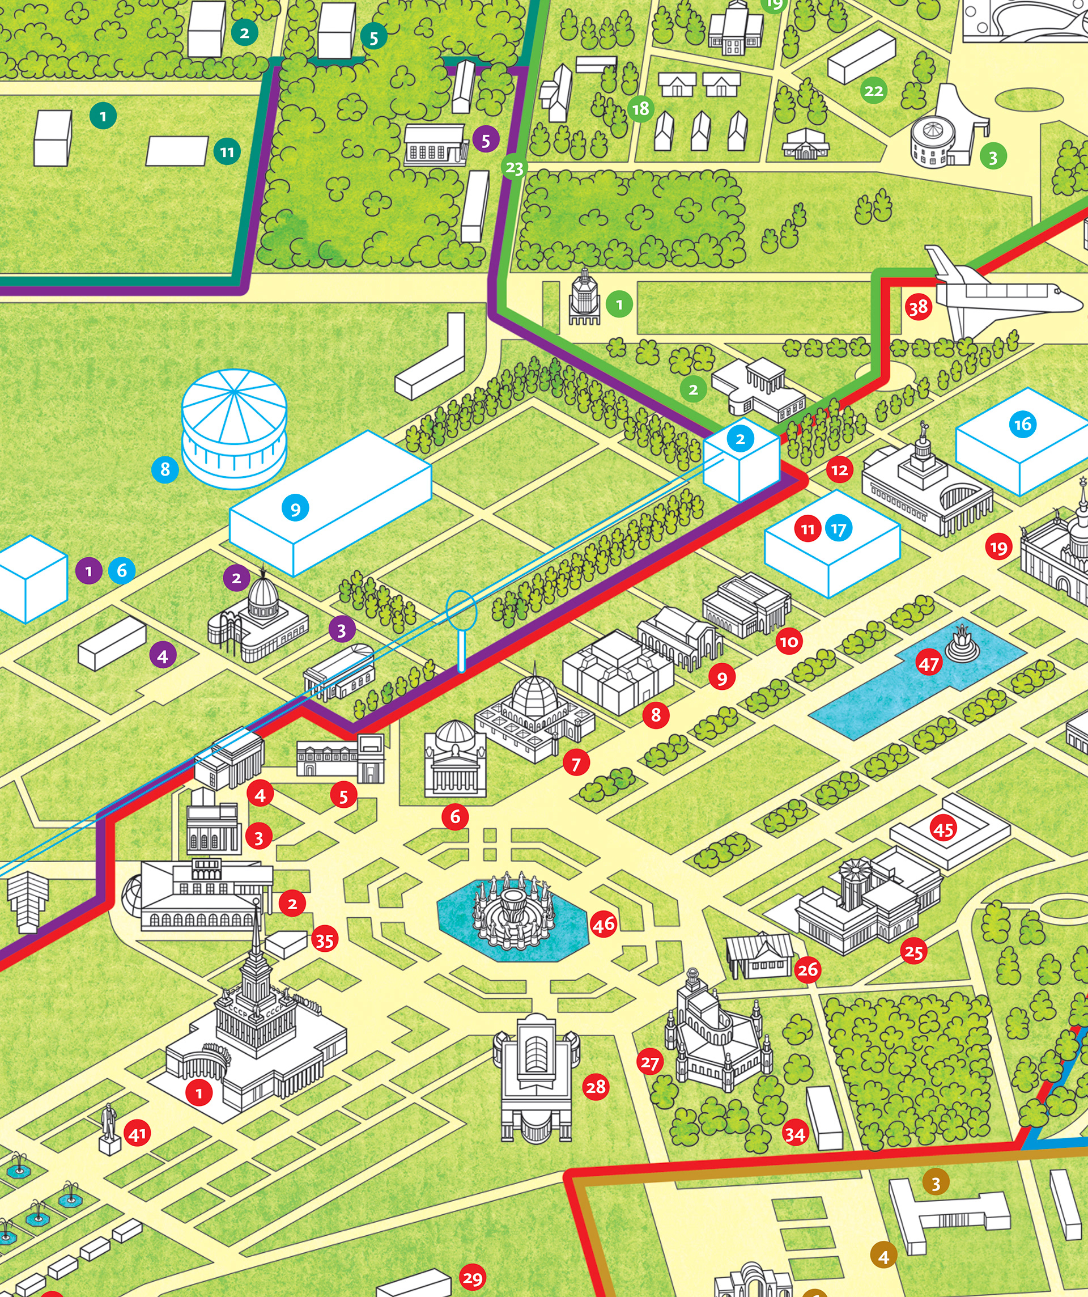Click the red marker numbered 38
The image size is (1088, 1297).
pyautogui.click(x=918, y=307)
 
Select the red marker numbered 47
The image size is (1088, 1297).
pyautogui.click(x=928, y=664)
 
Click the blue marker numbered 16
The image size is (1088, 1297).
pyautogui.click(x=1022, y=425)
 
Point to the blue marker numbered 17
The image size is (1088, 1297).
pyautogui.click(x=838, y=529)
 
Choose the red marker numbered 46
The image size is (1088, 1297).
pyautogui.click(x=603, y=924)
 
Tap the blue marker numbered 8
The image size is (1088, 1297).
pyautogui.click(x=165, y=469)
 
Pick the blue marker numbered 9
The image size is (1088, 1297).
pyautogui.click(x=295, y=509)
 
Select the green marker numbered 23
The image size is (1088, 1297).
pyautogui.click(x=515, y=167)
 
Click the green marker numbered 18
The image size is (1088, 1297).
pyautogui.click(x=641, y=109)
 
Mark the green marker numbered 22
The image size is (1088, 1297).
pyautogui.click(x=874, y=91)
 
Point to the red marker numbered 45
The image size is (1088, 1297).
pyautogui.click(x=943, y=829)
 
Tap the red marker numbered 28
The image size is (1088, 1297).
pyautogui.click(x=596, y=1086)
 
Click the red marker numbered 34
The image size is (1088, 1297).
pyautogui.click(x=794, y=1134)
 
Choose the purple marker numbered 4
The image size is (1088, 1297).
pyautogui.click(x=163, y=656)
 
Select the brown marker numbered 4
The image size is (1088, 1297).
pyautogui.click(x=883, y=1256)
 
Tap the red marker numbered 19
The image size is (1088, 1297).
pyautogui.click(x=998, y=547)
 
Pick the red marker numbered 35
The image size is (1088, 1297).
pyautogui.click(x=324, y=940)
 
